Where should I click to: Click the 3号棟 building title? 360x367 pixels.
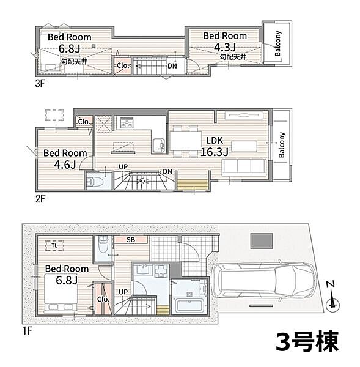point(307,342)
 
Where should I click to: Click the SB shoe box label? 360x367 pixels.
point(131,240)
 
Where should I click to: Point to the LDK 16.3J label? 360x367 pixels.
point(215,146)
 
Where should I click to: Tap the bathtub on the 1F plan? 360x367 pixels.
point(189,305)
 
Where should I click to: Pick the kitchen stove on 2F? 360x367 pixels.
point(127,123)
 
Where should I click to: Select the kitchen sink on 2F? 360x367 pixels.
point(158,146)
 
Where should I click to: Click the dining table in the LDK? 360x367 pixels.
point(186,141)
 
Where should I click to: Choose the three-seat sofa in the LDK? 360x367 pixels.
point(244,167)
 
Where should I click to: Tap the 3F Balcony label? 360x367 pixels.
point(277,44)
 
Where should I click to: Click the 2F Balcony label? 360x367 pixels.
point(282,144)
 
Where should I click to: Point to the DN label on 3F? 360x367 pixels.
point(172,66)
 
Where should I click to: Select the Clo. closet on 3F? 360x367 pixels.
point(123,65)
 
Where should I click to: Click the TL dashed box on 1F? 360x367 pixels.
point(54,245)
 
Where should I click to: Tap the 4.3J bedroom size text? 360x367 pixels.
point(225,48)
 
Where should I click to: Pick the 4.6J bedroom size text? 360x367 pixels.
point(65,165)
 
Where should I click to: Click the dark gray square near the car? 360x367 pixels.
point(262,241)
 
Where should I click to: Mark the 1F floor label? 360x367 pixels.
point(27,331)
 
